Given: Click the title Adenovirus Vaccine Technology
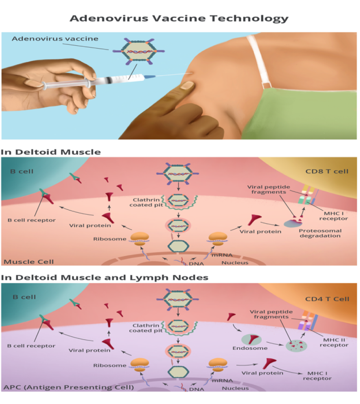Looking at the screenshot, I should (179, 18).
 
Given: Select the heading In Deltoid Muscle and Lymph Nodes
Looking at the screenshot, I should (105, 277).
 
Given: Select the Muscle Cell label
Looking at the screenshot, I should (23, 262).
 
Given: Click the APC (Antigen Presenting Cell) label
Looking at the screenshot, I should (68, 387).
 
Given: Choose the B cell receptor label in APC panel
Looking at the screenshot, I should (31, 346).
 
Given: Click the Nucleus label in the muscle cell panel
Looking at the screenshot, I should (235, 263).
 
